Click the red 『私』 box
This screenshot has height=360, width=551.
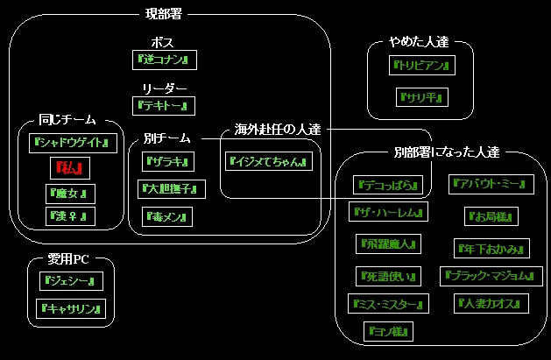tap(70, 166)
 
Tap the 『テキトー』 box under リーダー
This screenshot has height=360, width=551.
tap(164, 105)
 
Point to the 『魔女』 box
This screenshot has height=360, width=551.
tap(70, 193)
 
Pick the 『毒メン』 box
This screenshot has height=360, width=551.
tap(166, 215)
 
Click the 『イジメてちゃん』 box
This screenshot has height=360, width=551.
tap(268, 161)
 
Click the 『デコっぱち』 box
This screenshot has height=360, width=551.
tap(392, 185)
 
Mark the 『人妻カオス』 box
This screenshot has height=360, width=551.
tap(491, 304)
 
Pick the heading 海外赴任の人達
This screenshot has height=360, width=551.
tap(277, 129)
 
